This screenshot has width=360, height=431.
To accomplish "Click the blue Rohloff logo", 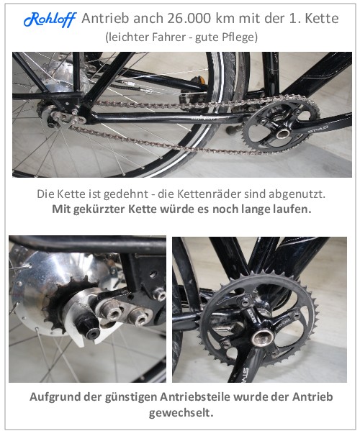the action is (x=50, y=19).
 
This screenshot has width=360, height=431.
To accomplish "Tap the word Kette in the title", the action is (x=322, y=19).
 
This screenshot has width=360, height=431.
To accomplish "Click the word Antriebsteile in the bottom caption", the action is (x=195, y=397).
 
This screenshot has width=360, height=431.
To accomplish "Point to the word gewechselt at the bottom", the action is (x=181, y=412).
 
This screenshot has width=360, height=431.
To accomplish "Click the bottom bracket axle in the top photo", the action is (x=282, y=133).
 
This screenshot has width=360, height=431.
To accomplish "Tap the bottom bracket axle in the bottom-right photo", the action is (x=262, y=337).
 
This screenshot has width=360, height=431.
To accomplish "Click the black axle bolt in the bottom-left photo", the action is (x=89, y=328).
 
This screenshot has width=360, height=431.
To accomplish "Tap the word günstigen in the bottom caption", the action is (x=130, y=397).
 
